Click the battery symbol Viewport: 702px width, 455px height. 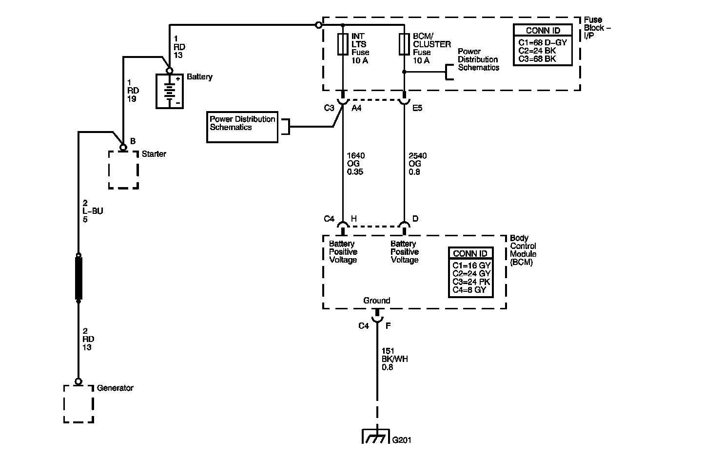pos(169,91)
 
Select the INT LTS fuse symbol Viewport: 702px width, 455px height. pos(343,44)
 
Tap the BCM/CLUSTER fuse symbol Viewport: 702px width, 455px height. pos(404,44)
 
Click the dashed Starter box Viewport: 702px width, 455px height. pos(123,170)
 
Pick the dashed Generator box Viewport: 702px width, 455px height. pos(78,404)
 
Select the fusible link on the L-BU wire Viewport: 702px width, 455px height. pos(78,278)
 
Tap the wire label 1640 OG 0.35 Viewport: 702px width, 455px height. pos(355,164)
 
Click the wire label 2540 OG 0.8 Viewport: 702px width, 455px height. pos(417,164)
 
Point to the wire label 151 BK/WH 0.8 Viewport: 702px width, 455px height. pos(394,359)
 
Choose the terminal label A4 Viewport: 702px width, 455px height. pos(356,108)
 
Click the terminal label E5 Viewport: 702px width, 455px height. pos(417,108)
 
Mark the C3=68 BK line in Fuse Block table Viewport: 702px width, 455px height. pos(537,59)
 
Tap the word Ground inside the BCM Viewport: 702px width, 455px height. pos(376,301)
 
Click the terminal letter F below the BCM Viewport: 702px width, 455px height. pos(388,326)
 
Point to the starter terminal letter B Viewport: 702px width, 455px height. pos(133,141)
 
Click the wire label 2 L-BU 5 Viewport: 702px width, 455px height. pos(92,211)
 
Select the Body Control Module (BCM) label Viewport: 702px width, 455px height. pos(523,250)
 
